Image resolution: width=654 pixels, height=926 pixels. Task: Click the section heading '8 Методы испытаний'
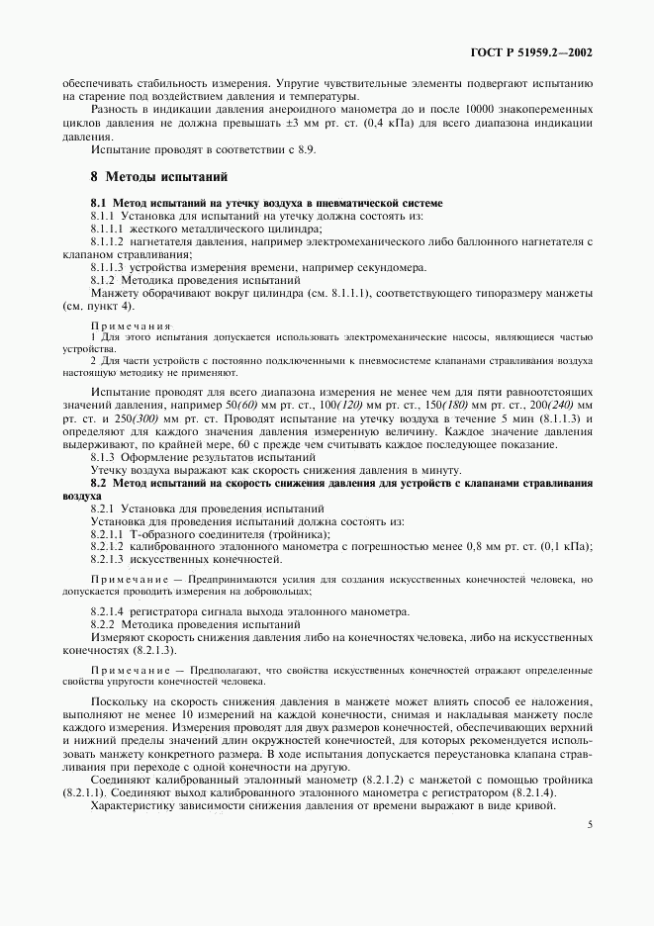159,178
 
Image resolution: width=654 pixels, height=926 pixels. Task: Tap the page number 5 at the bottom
589,822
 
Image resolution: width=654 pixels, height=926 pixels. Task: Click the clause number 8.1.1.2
108,241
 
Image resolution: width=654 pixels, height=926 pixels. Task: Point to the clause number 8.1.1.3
108,267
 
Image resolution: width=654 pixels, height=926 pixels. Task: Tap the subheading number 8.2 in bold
100,483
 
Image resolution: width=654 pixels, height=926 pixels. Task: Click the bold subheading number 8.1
100,203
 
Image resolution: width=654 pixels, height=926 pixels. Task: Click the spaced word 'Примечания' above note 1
129,325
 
